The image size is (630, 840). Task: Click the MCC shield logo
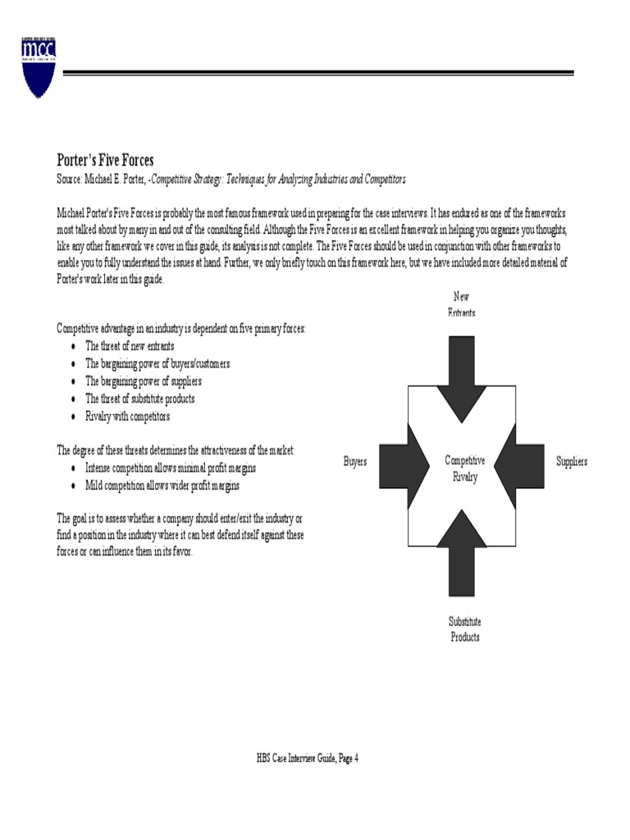(39, 66)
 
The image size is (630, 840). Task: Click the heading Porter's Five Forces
(105, 161)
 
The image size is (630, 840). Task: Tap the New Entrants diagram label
(461, 304)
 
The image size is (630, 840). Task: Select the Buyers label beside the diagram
(355, 462)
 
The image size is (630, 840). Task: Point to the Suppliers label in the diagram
(572, 462)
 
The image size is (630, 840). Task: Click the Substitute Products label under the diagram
(464, 629)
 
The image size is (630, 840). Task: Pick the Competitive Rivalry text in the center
(464, 468)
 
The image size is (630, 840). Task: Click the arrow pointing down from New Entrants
(462, 369)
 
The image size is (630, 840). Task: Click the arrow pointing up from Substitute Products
(462, 554)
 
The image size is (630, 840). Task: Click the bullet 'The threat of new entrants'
(130, 346)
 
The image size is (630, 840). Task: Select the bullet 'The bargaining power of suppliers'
(144, 381)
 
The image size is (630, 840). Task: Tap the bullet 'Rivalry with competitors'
(127, 417)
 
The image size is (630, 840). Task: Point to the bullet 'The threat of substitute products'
(140, 399)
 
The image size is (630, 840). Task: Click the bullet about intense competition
(171, 468)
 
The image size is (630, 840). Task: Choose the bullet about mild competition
(162, 486)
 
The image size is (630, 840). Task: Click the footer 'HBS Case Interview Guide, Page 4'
(308, 759)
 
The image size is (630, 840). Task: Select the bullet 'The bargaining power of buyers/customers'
(157, 363)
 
